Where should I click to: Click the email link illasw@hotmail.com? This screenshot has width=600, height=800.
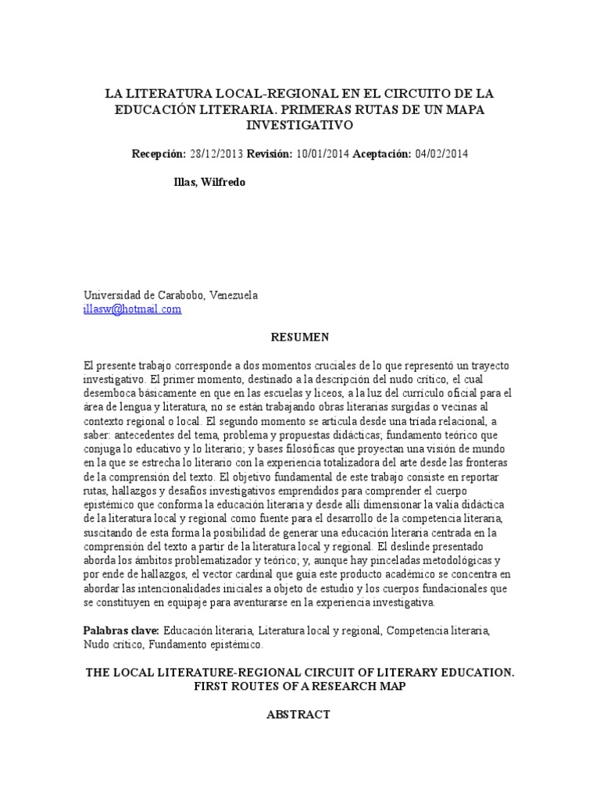133,309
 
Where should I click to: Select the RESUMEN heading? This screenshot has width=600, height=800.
300,337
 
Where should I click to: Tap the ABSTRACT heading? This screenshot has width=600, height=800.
299,714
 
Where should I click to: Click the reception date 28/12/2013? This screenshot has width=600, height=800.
216,154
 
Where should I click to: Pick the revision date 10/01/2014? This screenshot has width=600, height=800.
323,154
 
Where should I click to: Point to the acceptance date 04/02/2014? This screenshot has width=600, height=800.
441,154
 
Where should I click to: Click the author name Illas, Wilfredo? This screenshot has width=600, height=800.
209,182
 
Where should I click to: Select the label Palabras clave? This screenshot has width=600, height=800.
121,630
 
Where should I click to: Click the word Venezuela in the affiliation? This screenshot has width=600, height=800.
231,295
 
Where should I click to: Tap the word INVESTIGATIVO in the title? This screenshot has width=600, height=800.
300,125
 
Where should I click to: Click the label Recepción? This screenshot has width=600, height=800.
159,154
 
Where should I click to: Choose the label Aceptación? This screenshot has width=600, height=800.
381,154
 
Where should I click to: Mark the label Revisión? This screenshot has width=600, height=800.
270,154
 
